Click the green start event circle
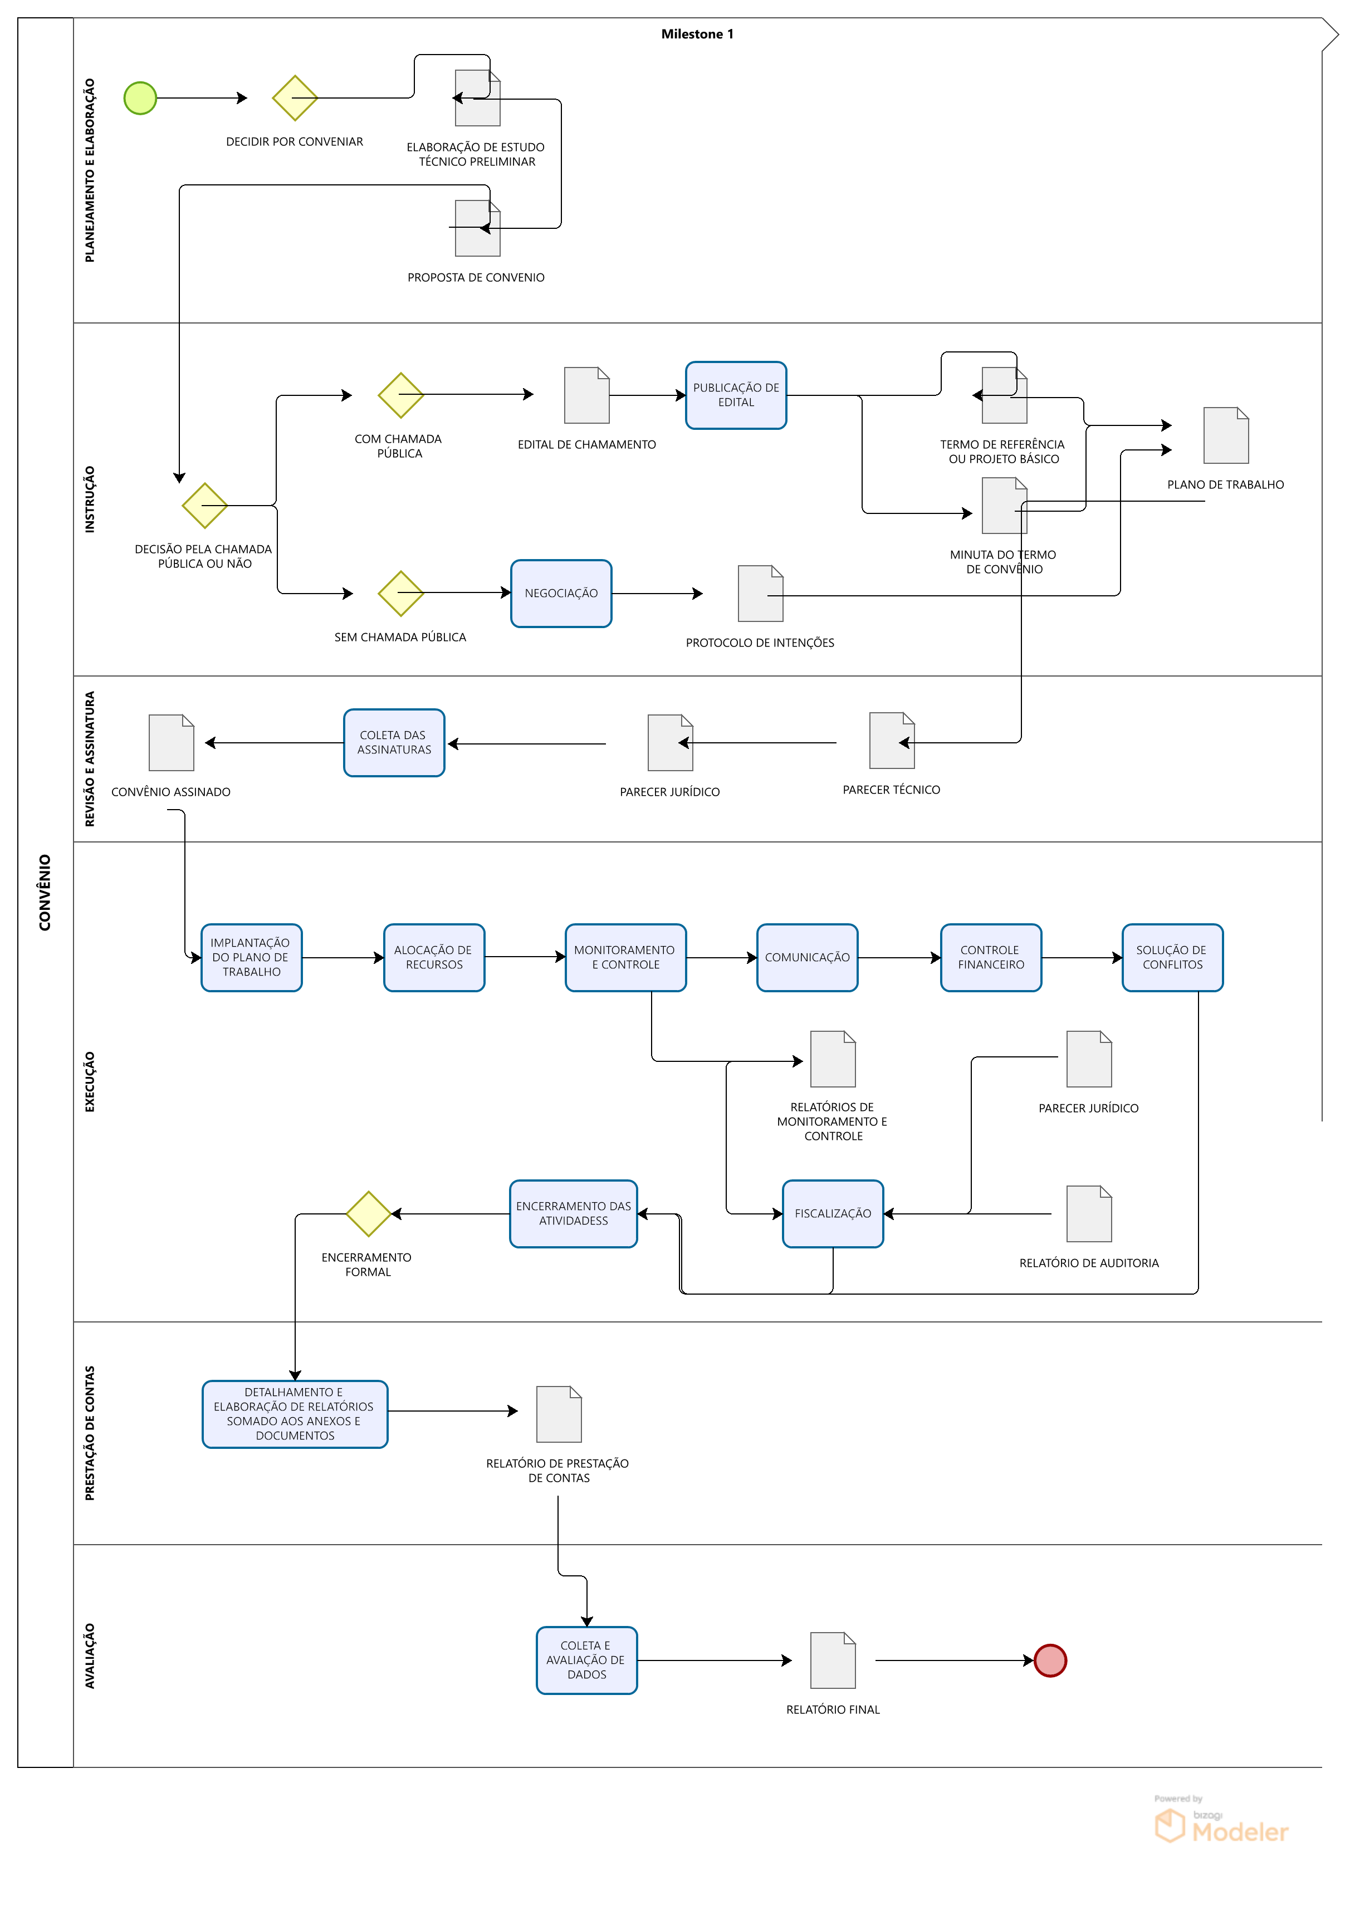click(x=140, y=99)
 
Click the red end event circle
click(x=1050, y=1660)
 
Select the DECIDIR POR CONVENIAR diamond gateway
click(x=295, y=99)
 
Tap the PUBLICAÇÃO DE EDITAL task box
click(x=736, y=395)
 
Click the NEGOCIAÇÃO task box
click(x=561, y=594)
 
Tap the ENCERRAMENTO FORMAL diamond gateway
click(x=368, y=1214)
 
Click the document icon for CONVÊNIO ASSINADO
click(x=172, y=742)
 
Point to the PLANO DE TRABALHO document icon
click(x=1226, y=435)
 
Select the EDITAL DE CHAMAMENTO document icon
click(x=587, y=395)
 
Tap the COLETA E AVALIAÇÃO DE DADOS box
click(x=587, y=1660)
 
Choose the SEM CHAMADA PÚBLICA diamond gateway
click(x=401, y=594)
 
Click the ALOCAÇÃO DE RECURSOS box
click(x=434, y=957)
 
